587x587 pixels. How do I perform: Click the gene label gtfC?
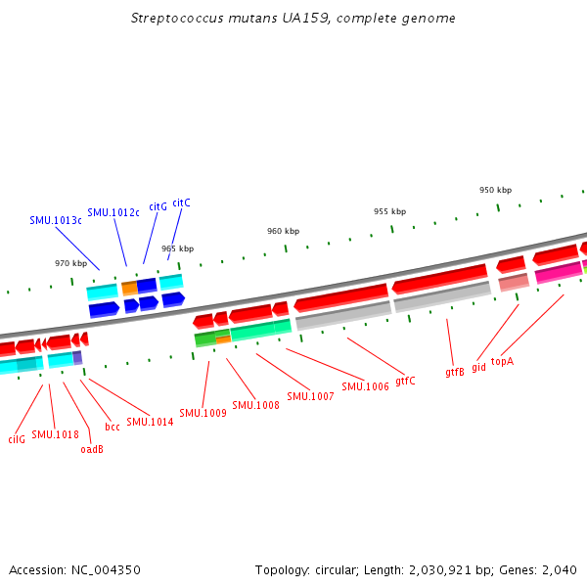(x=405, y=381)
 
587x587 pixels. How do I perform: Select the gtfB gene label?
(x=455, y=372)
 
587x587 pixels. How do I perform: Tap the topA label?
(x=502, y=361)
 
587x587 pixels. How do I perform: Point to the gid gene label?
(x=478, y=368)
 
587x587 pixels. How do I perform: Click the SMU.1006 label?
(x=366, y=386)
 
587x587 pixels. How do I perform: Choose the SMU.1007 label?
(x=310, y=396)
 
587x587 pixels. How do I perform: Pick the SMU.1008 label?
(x=255, y=405)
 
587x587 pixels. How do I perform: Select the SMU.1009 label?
(x=203, y=413)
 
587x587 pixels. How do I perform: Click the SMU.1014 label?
(x=150, y=422)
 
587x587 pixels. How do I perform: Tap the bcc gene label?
(x=113, y=427)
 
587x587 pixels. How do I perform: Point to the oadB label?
(x=92, y=449)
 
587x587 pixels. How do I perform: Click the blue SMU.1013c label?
(x=56, y=220)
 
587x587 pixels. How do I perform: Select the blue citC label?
(x=181, y=203)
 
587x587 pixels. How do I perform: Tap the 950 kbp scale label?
(x=495, y=190)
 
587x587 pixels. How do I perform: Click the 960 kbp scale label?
(x=283, y=231)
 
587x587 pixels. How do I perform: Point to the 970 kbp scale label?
(x=70, y=263)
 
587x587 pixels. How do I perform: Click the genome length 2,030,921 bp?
(x=440, y=569)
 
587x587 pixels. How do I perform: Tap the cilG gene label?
(x=17, y=439)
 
